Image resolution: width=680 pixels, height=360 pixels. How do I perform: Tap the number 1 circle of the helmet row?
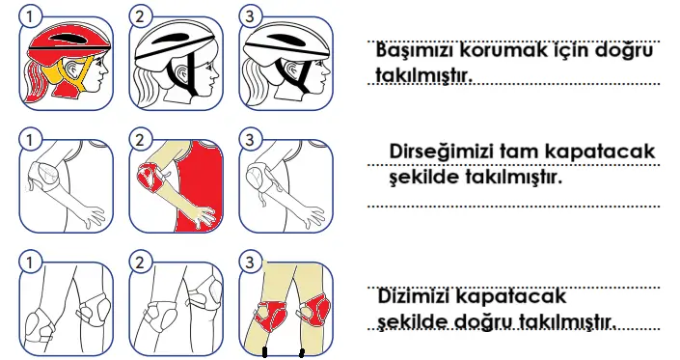[x=30, y=17]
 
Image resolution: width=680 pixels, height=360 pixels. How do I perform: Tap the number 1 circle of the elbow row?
[x=30, y=139]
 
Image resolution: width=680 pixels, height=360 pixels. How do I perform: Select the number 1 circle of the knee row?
[x=30, y=262]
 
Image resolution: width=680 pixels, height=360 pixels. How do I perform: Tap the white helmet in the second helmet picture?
[x=174, y=39]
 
